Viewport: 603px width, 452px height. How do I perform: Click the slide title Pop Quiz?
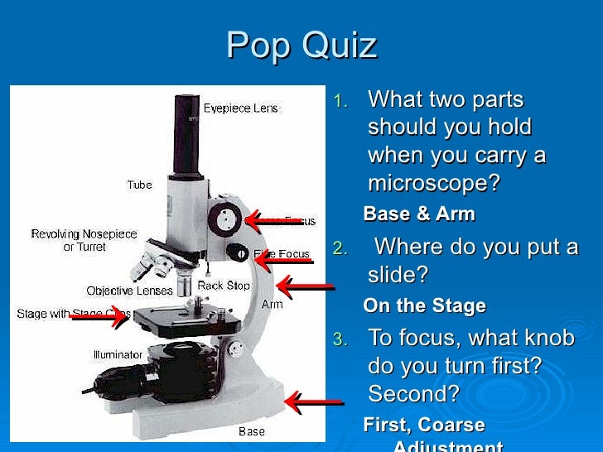point(301,46)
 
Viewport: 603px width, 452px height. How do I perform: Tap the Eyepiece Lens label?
point(242,108)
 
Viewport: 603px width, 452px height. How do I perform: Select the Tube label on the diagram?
point(139,185)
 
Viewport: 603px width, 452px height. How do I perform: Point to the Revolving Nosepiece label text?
point(84,234)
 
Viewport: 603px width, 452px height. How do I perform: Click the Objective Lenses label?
point(129,291)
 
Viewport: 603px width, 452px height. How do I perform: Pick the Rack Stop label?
point(223,286)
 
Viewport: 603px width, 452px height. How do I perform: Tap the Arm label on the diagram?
point(272,304)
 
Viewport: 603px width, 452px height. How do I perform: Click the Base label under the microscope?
point(252,430)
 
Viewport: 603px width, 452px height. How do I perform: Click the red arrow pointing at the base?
point(313,402)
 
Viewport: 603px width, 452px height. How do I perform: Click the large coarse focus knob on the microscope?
point(223,219)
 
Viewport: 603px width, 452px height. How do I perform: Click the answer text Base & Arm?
point(419,214)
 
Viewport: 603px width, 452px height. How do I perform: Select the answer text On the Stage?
point(424,305)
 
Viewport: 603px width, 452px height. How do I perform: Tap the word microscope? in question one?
point(434,183)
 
